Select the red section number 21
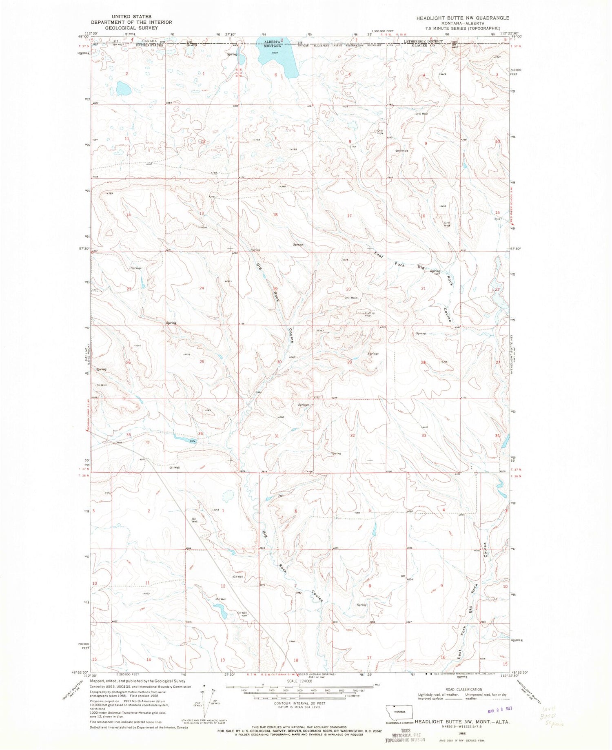(423, 288)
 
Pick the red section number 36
(200, 433)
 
